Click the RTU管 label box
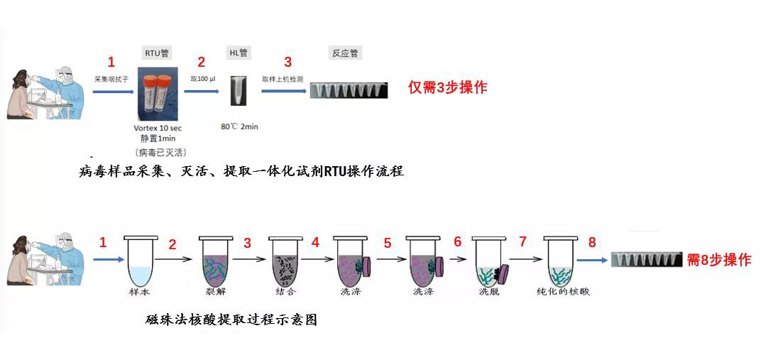pos(156,53)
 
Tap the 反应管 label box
pos(345,53)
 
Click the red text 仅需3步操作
pos(447,88)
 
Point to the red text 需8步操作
pos(718,260)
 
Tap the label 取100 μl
pos(203,80)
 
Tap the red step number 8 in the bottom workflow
pos(592,243)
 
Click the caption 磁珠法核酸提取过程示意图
pos(231,320)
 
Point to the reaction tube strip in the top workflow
pos(349,90)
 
